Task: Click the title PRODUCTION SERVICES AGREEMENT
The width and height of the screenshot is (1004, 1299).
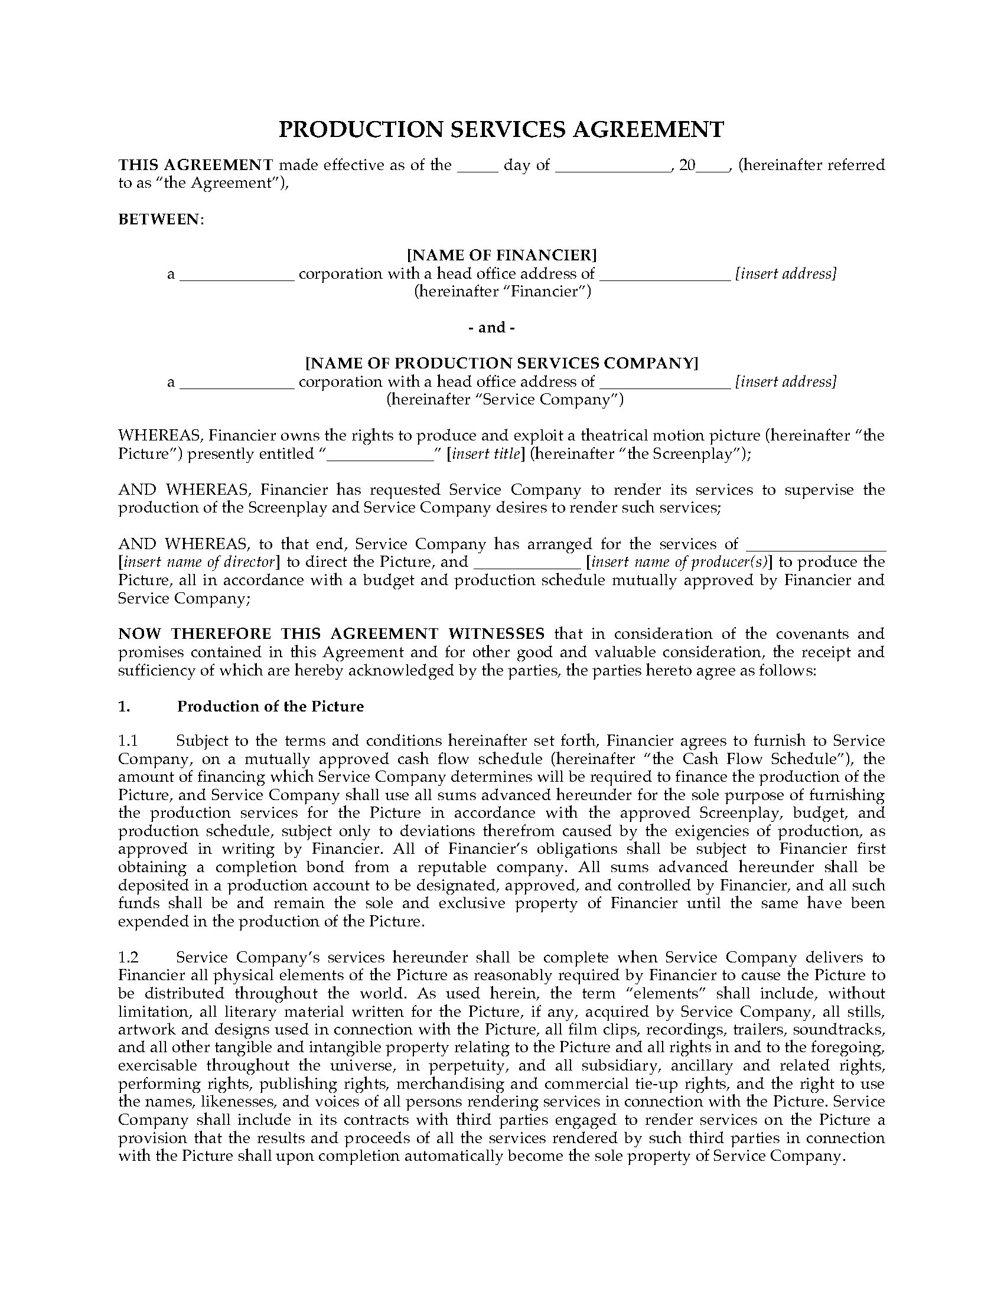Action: point(501,130)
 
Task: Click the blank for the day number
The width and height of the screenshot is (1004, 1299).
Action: point(478,167)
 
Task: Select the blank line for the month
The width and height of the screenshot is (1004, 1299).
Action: point(612,167)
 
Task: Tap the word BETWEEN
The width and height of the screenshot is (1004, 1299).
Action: point(160,220)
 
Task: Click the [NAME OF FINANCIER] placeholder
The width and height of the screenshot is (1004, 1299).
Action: point(501,256)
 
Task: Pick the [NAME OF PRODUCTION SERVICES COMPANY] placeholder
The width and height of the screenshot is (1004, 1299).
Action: point(501,363)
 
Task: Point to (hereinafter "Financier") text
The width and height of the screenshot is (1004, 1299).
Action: point(503,292)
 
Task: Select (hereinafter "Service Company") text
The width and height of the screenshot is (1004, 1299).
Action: point(505,399)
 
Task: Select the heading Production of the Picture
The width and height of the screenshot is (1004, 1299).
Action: point(270,706)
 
